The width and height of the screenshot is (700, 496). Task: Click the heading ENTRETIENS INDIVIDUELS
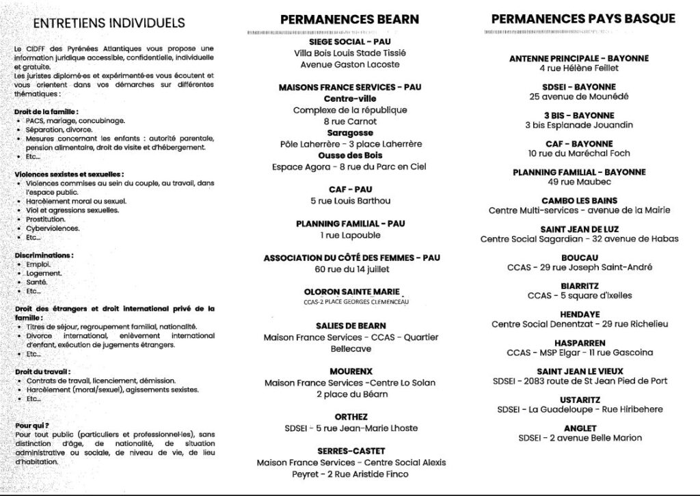pos(99,23)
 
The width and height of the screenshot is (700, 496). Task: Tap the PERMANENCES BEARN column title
pos(350,19)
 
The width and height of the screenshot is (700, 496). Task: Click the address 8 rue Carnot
pos(350,122)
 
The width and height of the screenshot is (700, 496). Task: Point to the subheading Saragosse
pos(350,133)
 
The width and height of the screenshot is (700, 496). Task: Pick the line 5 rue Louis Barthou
pos(350,201)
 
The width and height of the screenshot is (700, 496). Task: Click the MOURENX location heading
pos(350,371)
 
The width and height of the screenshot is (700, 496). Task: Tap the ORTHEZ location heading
pos(351,416)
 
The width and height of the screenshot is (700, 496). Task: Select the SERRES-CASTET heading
pos(351,451)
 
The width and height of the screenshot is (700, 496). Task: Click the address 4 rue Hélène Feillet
pos(579,68)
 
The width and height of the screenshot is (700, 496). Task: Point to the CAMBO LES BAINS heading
pos(579,200)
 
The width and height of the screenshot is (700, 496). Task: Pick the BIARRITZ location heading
pos(579,286)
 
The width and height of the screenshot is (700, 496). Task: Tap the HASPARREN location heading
pos(579,342)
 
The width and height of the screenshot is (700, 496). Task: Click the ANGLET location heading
pos(579,427)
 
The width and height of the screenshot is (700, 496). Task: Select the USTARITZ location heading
pos(579,399)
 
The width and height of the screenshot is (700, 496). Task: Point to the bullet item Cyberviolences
pos(53,228)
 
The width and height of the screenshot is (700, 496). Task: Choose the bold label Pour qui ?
pos(31,425)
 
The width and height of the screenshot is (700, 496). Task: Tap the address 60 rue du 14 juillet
pos(350,269)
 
